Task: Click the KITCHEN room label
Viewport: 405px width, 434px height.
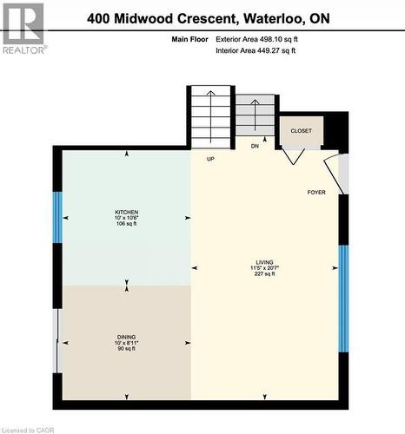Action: click(x=126, y=211)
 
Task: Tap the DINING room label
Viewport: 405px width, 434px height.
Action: click(x=126, y=337)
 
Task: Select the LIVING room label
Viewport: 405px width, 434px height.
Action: click(x=264, y=260)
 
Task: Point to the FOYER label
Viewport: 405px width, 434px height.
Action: click(x=316, y=192)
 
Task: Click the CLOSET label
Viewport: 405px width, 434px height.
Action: click(x=302, y=131)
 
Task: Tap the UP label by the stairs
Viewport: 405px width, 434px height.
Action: click(x=210, y=159)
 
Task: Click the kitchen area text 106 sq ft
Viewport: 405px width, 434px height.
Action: click(x=126, y=224)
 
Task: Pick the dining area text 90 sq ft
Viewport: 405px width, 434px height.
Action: click(x=126, y=349)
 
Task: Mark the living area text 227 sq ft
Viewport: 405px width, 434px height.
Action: click(x=264, y=273)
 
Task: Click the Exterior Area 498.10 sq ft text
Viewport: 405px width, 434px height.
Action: click(x=256, y=38)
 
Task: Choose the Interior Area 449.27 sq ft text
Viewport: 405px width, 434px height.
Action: click(x=256, y=51)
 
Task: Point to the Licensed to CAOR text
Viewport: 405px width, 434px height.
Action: click(x=30, y=429)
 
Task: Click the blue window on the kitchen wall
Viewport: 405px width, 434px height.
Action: click(x=58, y=217)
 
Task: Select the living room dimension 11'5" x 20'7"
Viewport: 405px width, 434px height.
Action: click(x=264, y=267)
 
